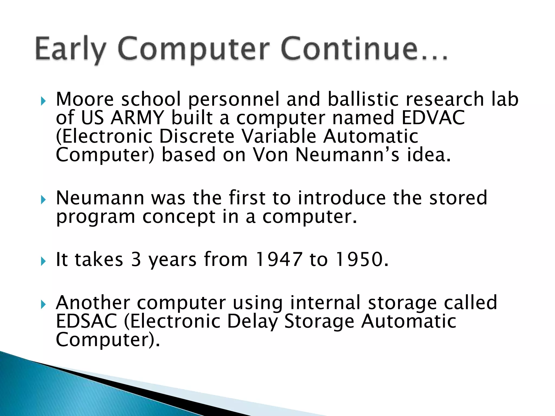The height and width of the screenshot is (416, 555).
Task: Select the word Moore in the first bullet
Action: click(x=85, y=99)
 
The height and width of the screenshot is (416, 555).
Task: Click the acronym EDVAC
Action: click(x=433, y=118)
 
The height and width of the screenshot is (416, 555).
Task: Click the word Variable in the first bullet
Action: click(x=279, y=136)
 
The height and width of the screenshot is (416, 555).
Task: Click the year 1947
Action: click(x=279, y=259)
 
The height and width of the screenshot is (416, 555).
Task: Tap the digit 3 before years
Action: click(x=136, y=259)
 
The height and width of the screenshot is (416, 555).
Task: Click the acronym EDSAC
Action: click(x=86, y=321)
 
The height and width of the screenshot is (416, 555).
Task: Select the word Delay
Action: click(x=252, y=321)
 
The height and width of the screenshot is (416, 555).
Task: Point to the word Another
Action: click(x=93, y=303)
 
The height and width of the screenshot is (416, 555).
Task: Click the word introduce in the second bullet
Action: click(x=342, y=198)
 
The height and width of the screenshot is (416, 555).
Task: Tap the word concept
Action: click(x=179, y=217)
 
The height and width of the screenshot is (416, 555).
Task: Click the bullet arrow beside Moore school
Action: click(x=43, y=102)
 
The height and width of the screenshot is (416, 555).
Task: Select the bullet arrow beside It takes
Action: click(x=43, y=262)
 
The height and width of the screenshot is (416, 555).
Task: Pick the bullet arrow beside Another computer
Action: click(x=43, y=305)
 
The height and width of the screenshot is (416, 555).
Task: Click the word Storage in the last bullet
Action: click(x=319, y=321)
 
